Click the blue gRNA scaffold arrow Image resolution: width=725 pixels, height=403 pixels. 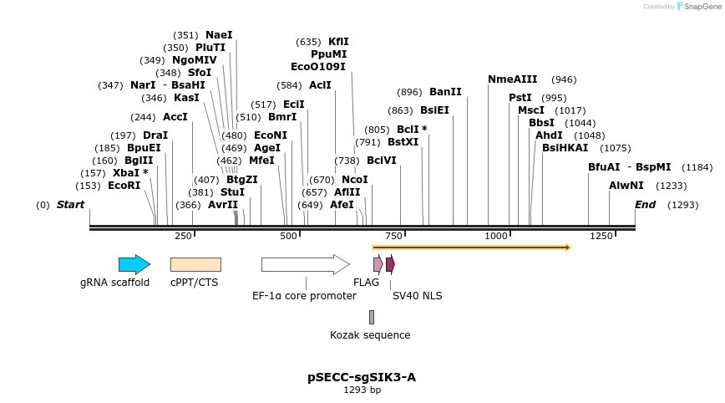click(x=134, y=265)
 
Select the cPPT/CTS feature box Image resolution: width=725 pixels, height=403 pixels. click(x=195, y=264)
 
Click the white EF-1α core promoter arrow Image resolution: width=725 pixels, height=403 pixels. click(x=305, y=265)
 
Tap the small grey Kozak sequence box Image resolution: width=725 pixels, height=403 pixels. click(x=372, y=317)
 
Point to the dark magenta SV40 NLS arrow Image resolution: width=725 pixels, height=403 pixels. click(x=390, y=264)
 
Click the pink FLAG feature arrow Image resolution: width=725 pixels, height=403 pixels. click(x=378, y=264)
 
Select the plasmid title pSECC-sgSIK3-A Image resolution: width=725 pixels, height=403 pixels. click(x=362, y=377)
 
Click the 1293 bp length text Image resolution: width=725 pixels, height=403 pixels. click(x=362, y=390)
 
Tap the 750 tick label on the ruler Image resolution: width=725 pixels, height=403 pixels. click(x=393, y=237)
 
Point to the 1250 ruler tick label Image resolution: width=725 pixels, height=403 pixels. click(x=601, y=237)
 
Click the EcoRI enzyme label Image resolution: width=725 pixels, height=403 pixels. click(x=124, y=186)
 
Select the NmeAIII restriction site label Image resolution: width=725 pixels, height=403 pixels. click(x=513, y=79)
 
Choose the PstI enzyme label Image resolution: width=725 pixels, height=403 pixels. click(x=520, y=98)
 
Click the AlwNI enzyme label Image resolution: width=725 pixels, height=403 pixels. click(x=626, y=186)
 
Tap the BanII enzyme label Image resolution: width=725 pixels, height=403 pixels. click(x=444, y=92)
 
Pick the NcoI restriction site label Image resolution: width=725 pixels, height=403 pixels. click(x=355, y=180)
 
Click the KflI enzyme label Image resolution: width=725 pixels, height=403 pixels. click(x=338, y=42)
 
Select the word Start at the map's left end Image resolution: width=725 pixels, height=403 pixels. click(x=70, y=205)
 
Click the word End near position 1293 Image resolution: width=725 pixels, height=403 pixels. click(x=645, y=205)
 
